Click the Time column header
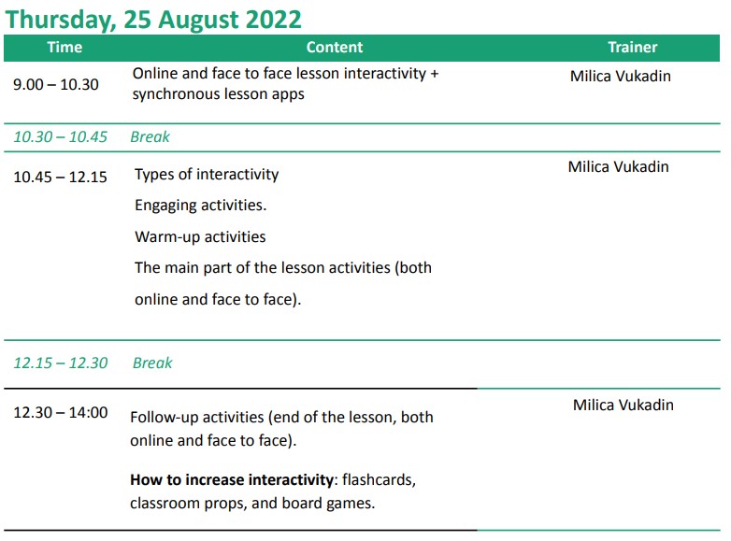point(64,47)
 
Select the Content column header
point(335,47)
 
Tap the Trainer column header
point(633,47)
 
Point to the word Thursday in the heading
point(61,21)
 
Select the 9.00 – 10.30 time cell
point(56,85)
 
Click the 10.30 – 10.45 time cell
point(60,137)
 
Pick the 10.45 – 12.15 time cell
point(60,178)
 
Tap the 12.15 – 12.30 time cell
point(61,363)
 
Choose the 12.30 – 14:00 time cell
point(61,412)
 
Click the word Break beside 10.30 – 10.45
point(150,137)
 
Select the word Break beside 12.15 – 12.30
point(152,363)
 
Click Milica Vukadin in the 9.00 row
point(621,76)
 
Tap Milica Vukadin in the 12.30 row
point(623,405)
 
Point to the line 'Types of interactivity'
point(207,175)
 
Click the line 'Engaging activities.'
point(200,206)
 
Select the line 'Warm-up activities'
point(200,236)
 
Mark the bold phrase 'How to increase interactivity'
point(232,480)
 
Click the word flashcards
point(379,480)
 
